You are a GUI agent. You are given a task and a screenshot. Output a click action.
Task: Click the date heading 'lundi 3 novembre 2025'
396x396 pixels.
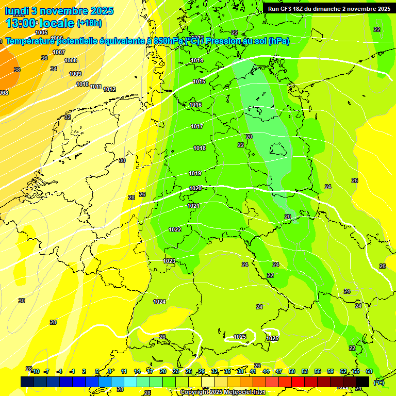tap(59, 11)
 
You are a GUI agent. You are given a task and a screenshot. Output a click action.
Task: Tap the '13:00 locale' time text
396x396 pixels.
tap(40, 23)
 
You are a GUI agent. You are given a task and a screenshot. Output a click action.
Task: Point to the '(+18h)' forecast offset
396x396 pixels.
tap(89, 23)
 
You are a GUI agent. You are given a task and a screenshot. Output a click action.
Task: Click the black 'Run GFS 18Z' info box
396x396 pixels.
tap(329, 8)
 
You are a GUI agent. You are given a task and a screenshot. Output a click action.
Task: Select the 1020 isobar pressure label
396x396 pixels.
tap(195, 189)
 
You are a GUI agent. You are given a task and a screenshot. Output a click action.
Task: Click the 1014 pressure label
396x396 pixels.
tap(197, 60)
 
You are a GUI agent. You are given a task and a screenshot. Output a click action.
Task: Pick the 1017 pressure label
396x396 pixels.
tap(197, 126)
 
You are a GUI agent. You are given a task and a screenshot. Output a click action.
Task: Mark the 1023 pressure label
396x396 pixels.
tap(169, 261)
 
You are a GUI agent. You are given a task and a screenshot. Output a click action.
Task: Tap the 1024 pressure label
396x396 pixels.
tap(159, 302)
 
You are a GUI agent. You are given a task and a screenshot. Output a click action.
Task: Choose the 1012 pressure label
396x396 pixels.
tap(109, 89)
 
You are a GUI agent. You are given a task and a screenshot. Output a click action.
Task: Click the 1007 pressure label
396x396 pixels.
tap(59, 52)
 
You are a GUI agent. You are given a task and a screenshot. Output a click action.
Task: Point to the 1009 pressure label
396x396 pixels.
tap(75, 74)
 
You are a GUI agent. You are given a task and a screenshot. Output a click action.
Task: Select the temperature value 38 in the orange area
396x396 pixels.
tap(17, 70)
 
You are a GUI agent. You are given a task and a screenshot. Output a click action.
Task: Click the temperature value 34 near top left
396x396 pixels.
tap(54, 69)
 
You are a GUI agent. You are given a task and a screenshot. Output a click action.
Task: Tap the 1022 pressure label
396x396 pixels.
tap(175, 229)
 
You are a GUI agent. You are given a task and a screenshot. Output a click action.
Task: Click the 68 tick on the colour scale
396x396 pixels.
tap(369, 371)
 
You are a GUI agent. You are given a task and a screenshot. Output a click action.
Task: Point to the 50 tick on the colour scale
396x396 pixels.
tap(292, 371)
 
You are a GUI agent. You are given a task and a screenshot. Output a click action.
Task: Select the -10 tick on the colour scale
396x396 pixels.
tap(35, 371)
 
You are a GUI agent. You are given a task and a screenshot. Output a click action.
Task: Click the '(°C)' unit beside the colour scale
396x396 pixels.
tap(378, 382)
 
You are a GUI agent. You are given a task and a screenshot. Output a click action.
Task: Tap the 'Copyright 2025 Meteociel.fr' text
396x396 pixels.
tap(223, 392)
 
